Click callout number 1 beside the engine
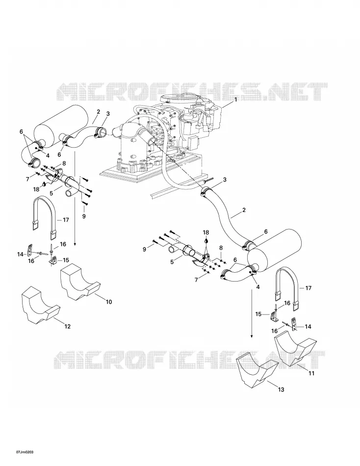pos(236,100)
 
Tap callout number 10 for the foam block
pos(109,302)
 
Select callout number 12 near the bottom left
pos(68,326)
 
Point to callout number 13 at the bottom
pos(281,389)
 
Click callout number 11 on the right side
pos(311,373)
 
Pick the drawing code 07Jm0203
pos(25,452)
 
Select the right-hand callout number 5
pos(172,262)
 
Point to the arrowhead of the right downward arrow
pos(252,336)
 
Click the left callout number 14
pos(20,254)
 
